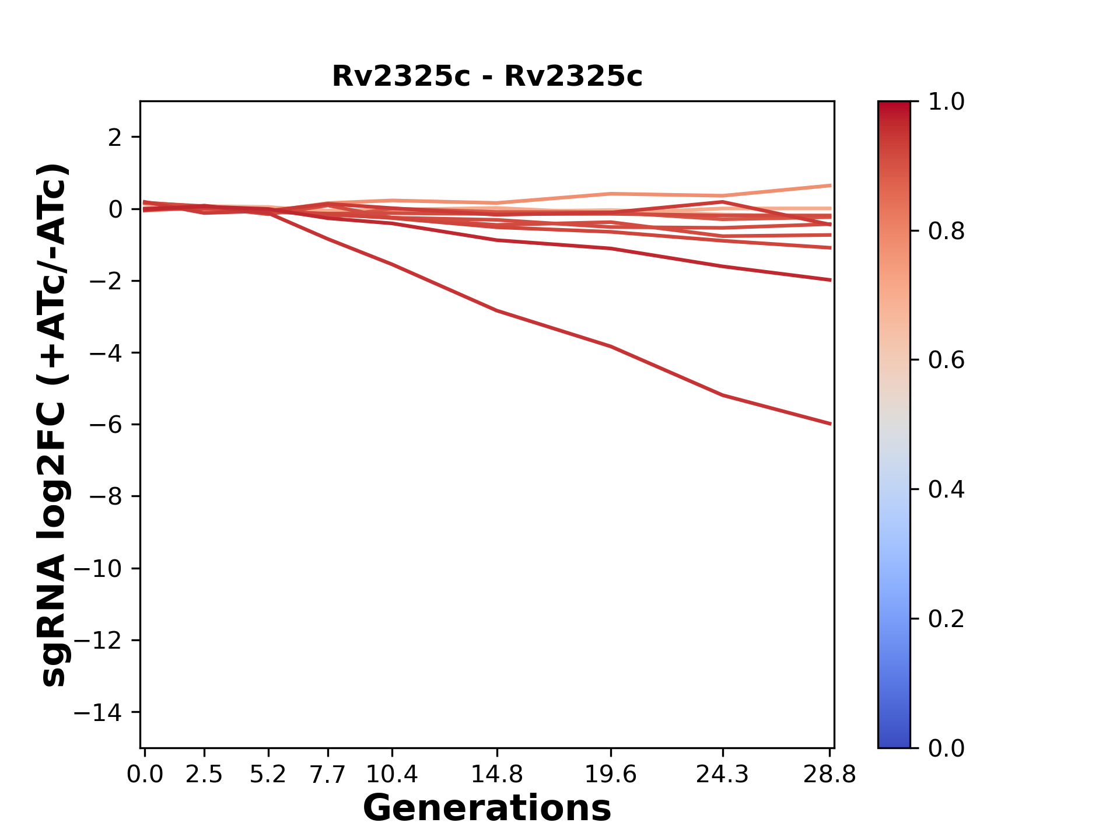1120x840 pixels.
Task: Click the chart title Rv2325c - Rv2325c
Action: (487, 76)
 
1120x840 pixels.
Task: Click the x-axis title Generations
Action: (487, 808)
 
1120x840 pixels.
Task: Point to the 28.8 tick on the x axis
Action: (829, 775)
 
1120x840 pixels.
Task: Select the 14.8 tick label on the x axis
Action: (496, 775)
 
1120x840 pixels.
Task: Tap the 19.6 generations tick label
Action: (610, 775)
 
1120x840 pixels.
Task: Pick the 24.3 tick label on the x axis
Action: (722, 775)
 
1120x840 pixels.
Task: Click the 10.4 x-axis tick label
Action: (391, 775)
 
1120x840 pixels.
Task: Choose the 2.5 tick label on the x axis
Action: (204, 775)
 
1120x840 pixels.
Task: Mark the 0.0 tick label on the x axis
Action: (145, 775)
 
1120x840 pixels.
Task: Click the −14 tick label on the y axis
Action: (97, 712)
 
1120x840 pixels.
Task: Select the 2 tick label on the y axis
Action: (115, 137)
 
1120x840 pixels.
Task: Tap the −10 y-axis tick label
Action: (97, 569)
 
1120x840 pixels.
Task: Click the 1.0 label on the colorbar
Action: (946, 102)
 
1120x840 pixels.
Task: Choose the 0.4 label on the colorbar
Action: (946, 489)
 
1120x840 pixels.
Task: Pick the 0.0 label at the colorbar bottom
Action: (946, 748)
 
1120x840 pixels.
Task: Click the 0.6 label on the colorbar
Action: (946, 360)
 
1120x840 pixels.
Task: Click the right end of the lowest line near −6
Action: (830, 423)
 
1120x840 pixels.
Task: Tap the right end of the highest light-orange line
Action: (830, 185)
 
